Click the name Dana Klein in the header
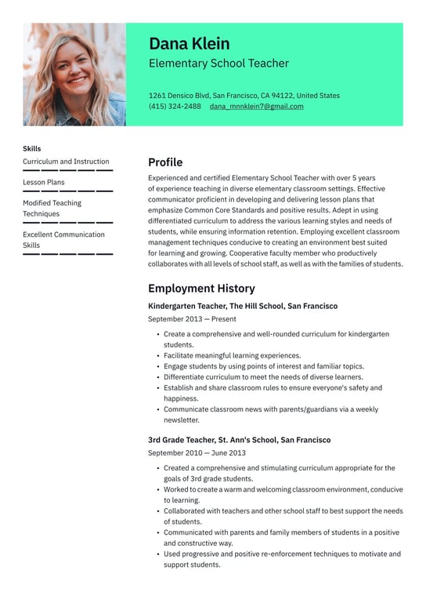pos(189,43)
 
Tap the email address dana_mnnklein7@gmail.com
pos(256,107)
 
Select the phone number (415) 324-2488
pos(175,107)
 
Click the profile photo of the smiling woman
pos(74,74)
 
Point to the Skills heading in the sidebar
pos(32,148)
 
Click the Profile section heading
pos(165,162)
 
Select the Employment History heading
pos(201,289)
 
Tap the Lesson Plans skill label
pos(44,183)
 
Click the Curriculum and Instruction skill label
pos(66,162)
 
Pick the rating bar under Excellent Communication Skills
pos(67,254)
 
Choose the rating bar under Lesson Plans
pos(67,191)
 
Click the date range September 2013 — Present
pos(192,319)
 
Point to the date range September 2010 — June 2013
pos(197,452)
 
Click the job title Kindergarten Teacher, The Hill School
pos(243,306)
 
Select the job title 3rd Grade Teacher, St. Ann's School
pos(239,440)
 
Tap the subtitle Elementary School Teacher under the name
pos(218,64)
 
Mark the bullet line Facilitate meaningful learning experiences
pos(232,355)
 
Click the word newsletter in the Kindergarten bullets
pos(182,420)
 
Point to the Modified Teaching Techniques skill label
pos(52,208)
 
